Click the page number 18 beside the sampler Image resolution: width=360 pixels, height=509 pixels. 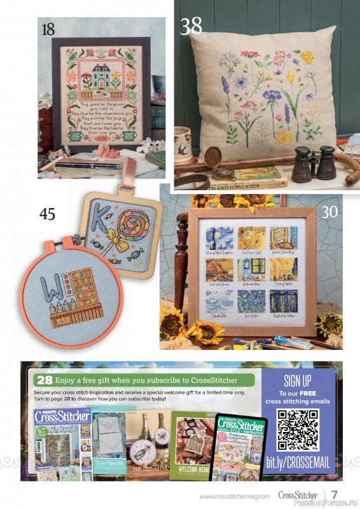[48, 29]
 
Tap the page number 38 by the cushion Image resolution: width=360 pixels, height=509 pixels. [191, 26]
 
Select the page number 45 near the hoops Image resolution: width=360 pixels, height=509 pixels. [47, 214]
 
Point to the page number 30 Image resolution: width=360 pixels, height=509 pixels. [329, 211]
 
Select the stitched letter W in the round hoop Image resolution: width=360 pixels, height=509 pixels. [50, 287]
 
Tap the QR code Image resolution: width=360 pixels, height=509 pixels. [299, 430]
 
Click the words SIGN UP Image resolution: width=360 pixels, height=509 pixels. [298, 382]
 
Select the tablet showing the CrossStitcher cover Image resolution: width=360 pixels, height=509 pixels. [240, 448]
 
